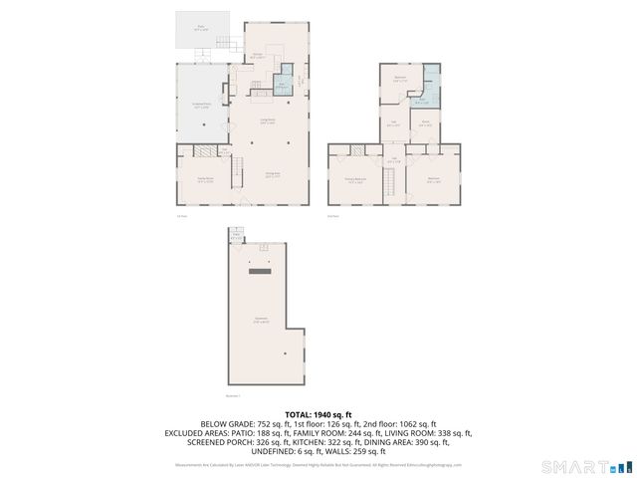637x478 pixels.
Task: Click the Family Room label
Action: [204, 180]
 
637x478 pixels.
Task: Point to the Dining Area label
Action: [271, 173]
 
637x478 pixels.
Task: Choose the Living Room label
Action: [268, 121]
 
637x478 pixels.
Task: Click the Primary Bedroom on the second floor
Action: [352, 180]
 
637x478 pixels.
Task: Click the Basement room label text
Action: [261, 320]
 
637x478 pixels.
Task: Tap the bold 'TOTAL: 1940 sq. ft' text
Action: [318, 414]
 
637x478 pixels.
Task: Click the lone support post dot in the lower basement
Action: [284, 354]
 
